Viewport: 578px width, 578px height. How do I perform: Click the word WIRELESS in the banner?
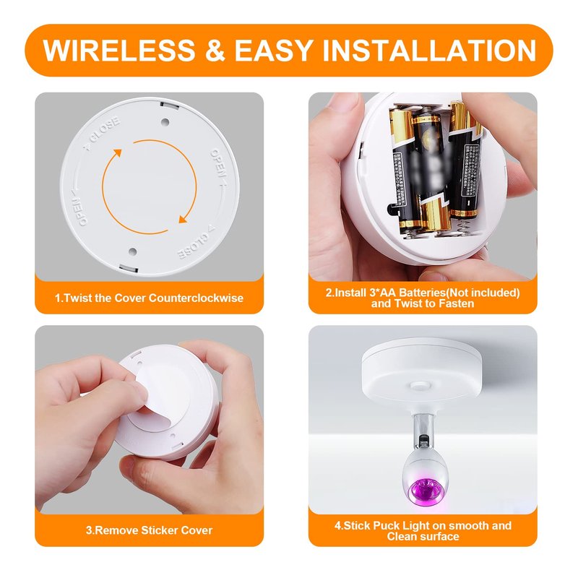click(x=118, y=50)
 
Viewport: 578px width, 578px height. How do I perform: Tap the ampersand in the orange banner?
click(x=214, y=50)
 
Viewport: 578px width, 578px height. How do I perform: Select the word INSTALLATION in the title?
click(x=429, y=50)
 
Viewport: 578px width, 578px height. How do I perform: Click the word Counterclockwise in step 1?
click(x=196, y=298)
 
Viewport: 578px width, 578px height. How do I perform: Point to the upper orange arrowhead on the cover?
click(x=117, y=153)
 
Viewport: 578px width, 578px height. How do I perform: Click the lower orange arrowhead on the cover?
click(x=183, y=219)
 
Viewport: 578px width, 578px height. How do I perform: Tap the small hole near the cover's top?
click(x=165, y=121)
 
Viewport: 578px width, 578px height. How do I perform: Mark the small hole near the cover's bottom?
click(x=133, y=251)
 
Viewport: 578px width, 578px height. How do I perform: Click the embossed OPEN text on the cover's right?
click(x=218, y=163)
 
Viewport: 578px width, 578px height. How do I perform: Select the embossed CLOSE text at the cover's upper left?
click(x=102, y=134)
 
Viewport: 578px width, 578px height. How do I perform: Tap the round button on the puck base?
click(x=420, y=386)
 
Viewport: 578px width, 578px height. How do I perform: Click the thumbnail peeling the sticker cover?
click(x=139, y=390)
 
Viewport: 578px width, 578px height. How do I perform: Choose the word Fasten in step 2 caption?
click(x=457, y=303)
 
